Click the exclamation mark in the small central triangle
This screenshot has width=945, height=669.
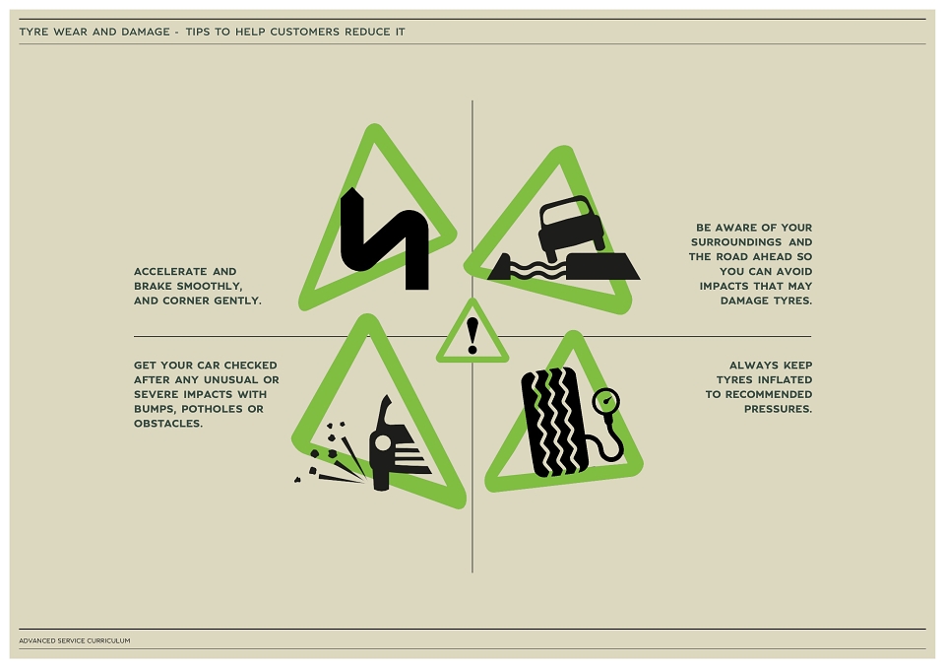tap(472, 336)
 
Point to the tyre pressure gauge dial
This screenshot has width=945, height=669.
tap(606, 401)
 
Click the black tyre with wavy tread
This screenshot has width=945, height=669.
tap(554, 422)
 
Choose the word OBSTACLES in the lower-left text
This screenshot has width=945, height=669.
tap(168, 424)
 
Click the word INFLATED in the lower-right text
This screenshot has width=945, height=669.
tap(785, 380)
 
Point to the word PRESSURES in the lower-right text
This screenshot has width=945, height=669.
tap(778, 409)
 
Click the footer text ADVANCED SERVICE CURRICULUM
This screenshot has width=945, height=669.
tap(75, 640)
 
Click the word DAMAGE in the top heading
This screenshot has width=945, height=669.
tap(146, 32)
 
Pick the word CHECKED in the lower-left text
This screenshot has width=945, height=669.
tap(251, 366)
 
